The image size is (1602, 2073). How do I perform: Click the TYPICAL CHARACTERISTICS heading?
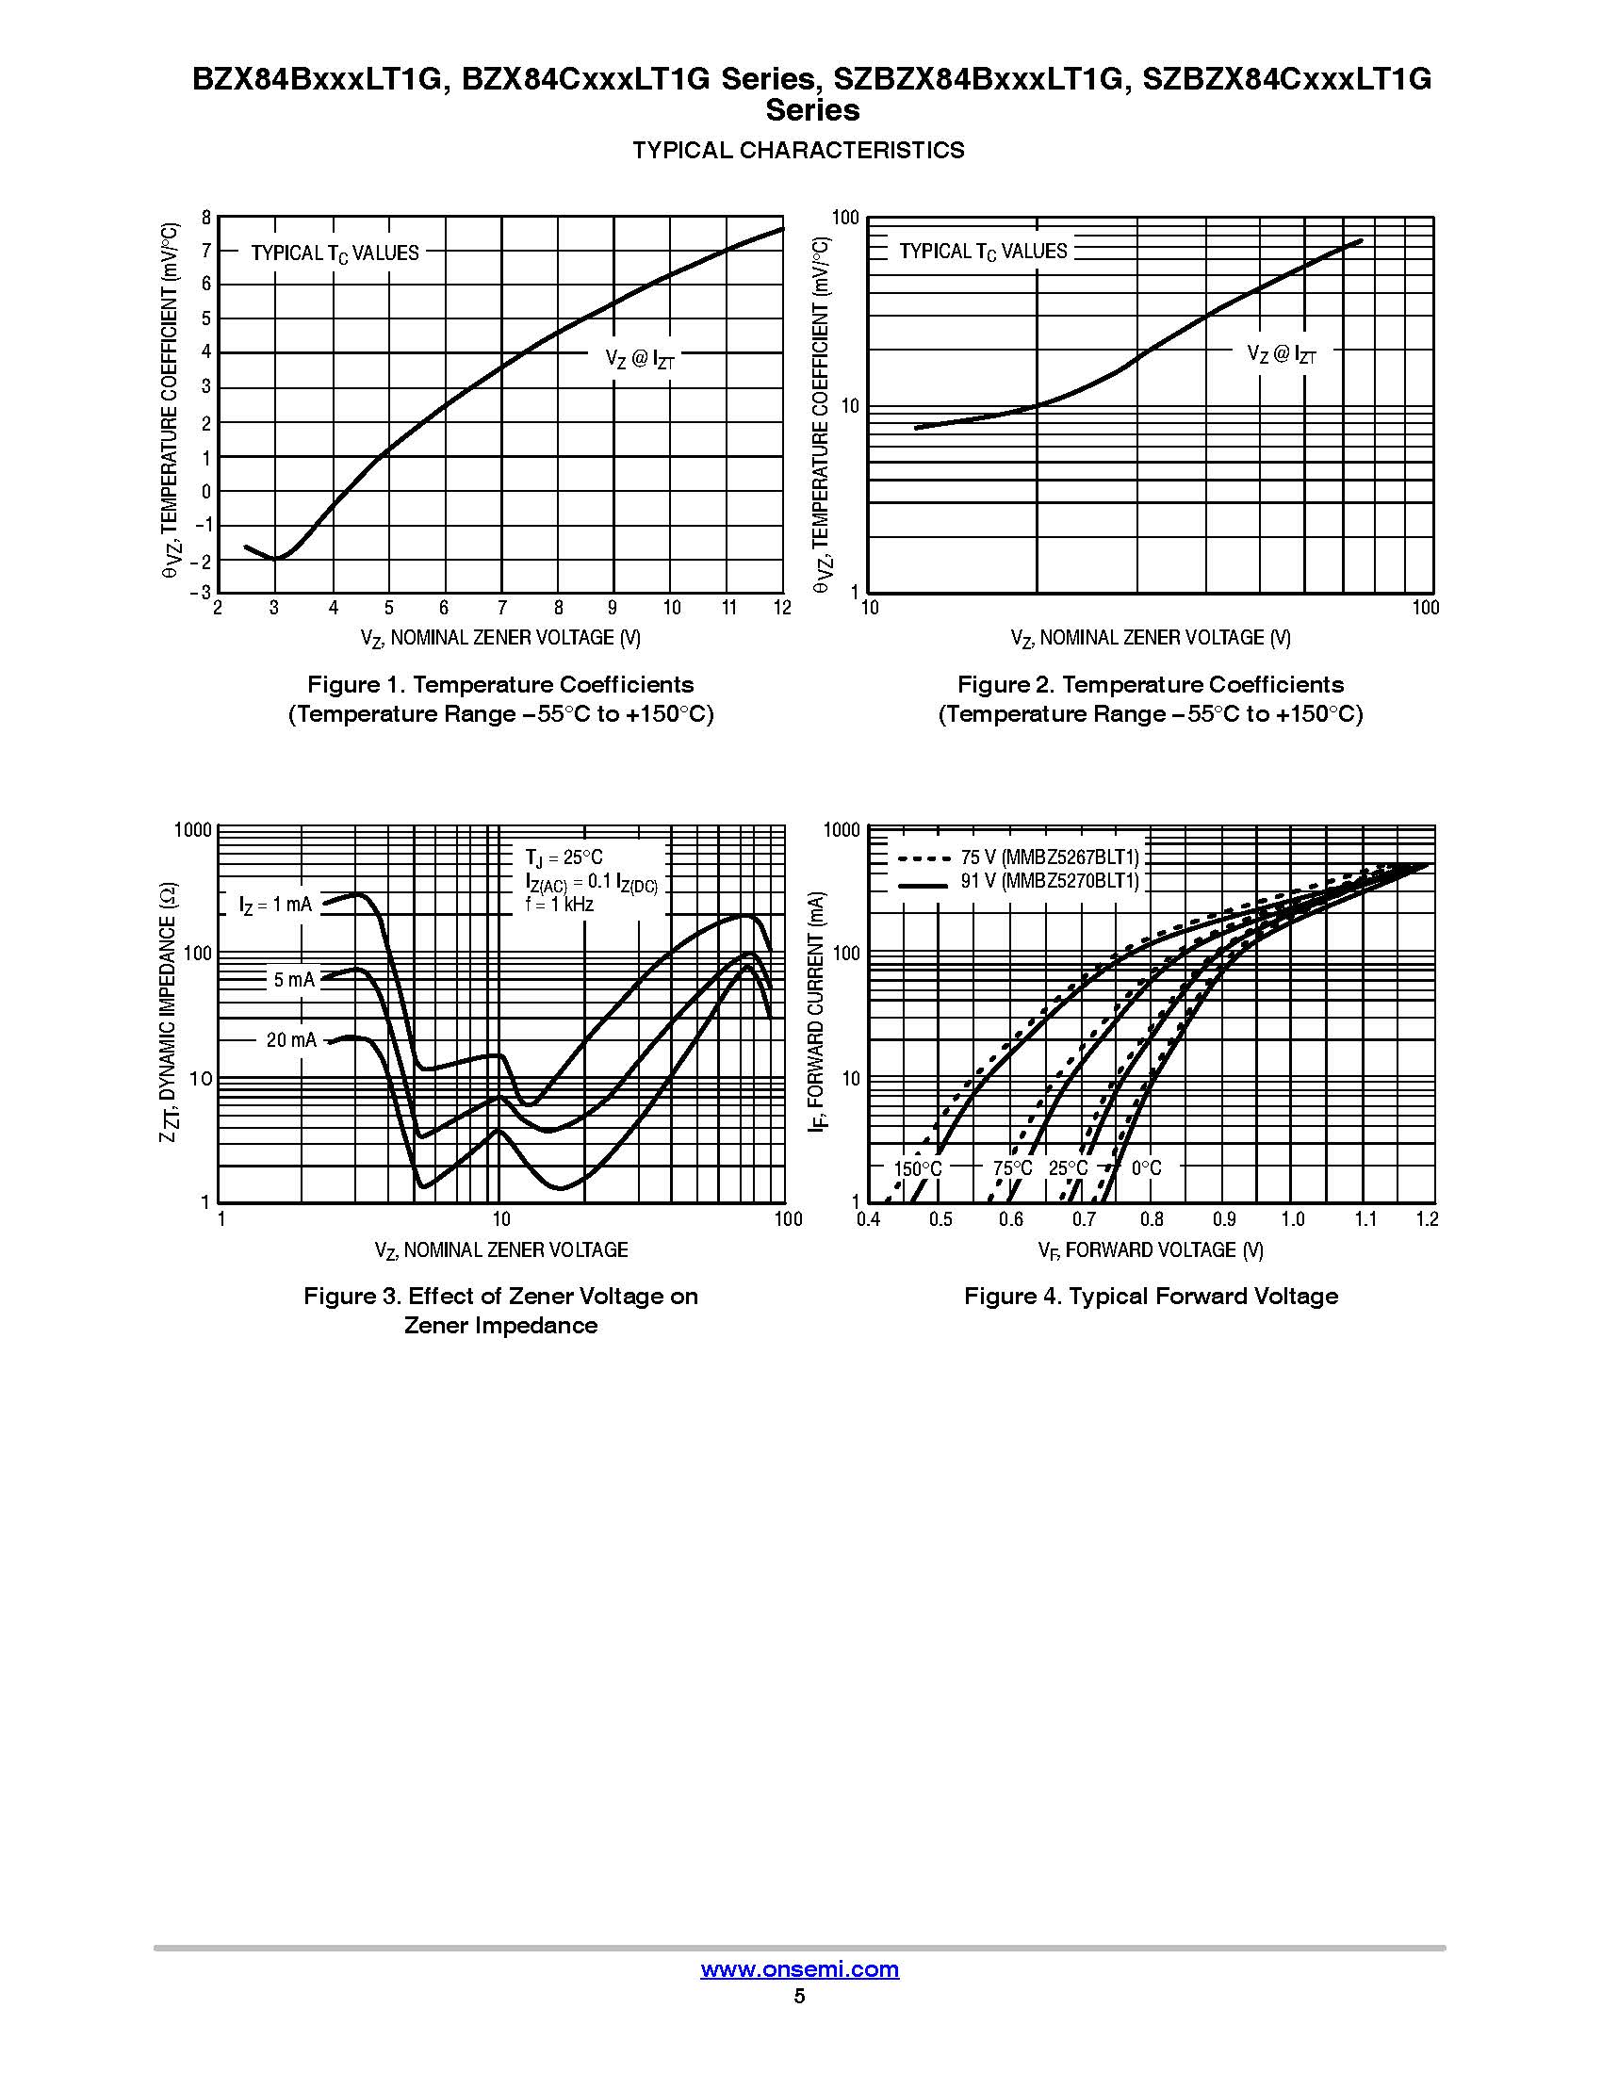(798, 150)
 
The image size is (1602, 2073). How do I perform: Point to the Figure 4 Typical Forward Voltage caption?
(1151, 1296)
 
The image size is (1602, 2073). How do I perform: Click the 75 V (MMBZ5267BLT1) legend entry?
(1048, 857)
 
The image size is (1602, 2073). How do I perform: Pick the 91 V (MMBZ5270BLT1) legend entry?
(1048, 881)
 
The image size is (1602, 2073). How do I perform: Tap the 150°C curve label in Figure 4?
(918, 1168)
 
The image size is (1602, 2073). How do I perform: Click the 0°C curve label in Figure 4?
(1146, 1168)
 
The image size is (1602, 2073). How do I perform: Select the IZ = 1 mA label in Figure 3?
(275, 906)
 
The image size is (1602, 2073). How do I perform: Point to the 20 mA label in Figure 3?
(291, 1040)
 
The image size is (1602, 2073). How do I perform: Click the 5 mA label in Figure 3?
(294, 980)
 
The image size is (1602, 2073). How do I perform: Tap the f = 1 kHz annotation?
(560, 905)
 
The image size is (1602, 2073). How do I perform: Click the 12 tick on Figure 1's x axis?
(781, 609)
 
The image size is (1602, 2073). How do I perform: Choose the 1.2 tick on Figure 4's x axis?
(1427, 1219)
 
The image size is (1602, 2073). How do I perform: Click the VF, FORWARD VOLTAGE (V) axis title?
(1151, 1250)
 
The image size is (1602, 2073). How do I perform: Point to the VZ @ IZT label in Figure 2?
(1282, 355)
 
